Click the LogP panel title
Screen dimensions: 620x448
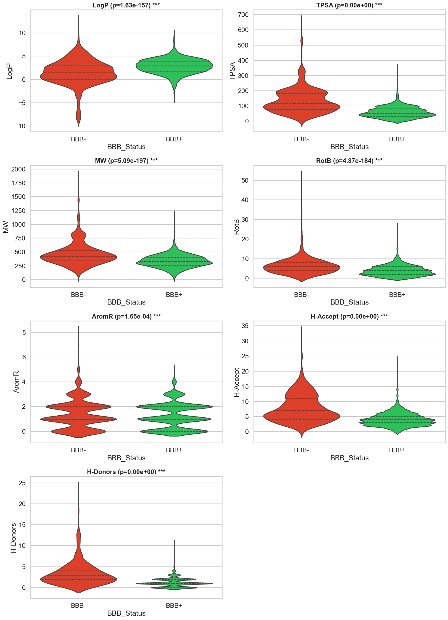coord(126,5)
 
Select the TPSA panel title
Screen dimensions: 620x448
coord(349,5)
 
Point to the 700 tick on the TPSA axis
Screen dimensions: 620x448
coord(243,15)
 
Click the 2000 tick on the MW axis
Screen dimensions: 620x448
coord(18,169)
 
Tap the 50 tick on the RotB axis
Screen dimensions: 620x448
coord(245,180)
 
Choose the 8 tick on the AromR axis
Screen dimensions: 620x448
coord(24,332)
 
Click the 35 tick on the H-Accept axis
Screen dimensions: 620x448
coord(245,326)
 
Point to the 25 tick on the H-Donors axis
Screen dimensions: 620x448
coord(22,483)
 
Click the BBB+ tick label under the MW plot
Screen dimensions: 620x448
coord(174,295)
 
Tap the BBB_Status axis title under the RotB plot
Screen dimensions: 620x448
coord(349,302)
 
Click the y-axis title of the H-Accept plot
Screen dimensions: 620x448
coord(236,382)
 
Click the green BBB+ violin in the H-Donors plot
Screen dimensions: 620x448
coord(174,583)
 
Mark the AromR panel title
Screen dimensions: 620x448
coord(126,316)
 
